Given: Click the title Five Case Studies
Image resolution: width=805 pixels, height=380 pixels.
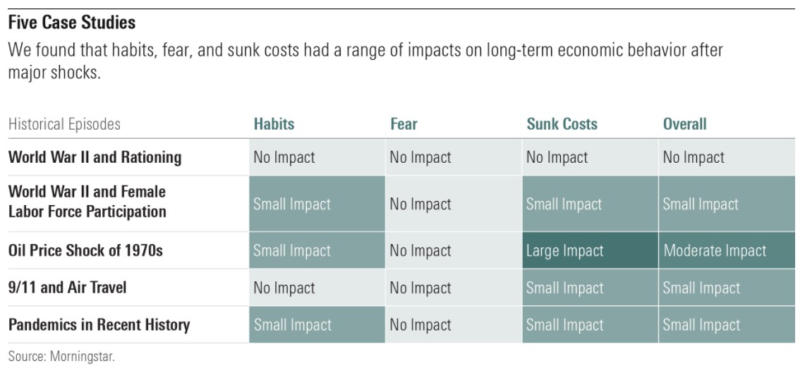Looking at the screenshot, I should tap(71, 23).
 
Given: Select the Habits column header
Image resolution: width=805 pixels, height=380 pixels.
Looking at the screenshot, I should tap(274, 124).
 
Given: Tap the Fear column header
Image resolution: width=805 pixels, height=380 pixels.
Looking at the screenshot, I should tap(404, 124).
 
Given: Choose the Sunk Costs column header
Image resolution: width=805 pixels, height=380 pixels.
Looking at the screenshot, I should tap(562, 124).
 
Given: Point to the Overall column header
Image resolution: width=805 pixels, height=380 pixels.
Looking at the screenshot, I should tap(684, 124).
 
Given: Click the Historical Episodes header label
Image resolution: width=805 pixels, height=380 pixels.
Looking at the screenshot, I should tap(64, 124).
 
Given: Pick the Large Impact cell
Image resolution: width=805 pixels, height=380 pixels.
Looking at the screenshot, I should tap(564, 251).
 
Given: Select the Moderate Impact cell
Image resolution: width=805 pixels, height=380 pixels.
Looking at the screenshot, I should tap(714, 251).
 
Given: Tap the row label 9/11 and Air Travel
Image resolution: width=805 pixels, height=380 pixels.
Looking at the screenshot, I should tap(68, 288).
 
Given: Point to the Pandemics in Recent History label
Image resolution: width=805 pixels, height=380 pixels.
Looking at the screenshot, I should tap(99, 325).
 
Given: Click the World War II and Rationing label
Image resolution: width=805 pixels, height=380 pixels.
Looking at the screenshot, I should tap(95, 157).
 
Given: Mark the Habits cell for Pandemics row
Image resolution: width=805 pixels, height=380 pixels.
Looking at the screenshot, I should tap(292, 325).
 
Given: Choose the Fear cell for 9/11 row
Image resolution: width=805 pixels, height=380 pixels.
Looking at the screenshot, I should tap(420, 288).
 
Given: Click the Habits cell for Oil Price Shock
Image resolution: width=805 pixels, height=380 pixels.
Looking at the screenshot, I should tap(292, 251).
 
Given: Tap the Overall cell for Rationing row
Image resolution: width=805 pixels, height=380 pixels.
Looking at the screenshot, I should tap(693, 157).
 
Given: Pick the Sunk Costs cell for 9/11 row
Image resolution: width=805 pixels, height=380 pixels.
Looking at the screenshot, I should tap(564, 288).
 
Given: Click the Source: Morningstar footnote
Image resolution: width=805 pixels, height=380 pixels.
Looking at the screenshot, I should tap(61, 357).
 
